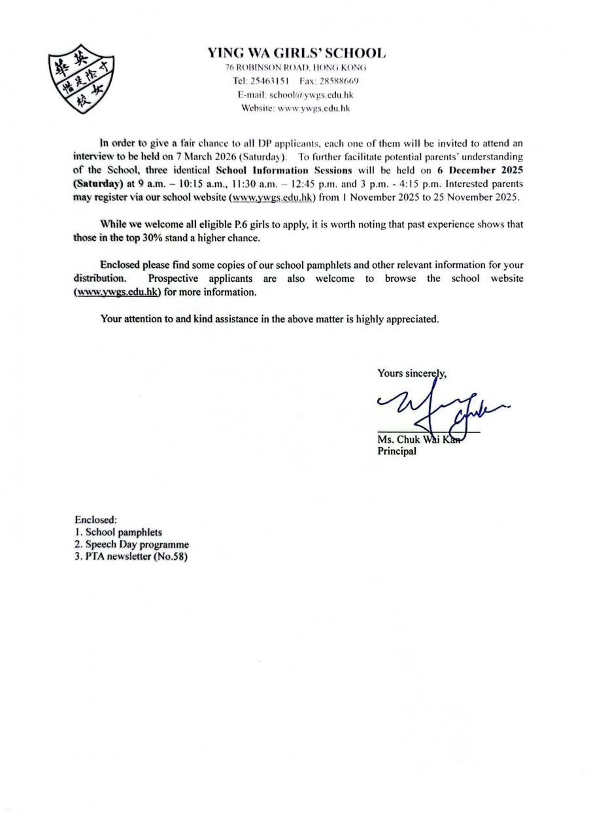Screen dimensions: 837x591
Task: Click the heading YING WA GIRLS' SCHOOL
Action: (x=296, y=53)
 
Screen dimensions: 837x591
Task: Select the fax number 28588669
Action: (x=336, y=81)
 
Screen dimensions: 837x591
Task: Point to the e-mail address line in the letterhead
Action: (x=296, y=94)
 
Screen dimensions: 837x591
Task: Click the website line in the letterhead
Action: (x=296, y=108)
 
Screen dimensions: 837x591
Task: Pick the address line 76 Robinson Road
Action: (x=296, y=67)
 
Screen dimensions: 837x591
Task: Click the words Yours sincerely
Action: (x=412, y=373)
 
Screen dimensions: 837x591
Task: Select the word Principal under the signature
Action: (x=397, y=451)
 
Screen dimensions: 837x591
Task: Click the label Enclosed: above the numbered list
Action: (x=95, y=521)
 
